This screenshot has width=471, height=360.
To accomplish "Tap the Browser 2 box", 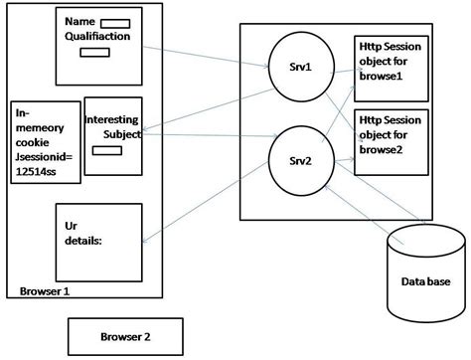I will (x=125, y=336).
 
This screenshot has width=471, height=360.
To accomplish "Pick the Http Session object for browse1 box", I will (x=392, y=67).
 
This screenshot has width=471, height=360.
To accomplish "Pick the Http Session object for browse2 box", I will (x=392, y=141).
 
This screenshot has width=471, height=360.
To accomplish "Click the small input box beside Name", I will (x=115, y=22).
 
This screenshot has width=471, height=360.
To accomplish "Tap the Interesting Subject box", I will (x=112, y=135).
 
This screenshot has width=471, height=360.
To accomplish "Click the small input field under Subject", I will (x=101, y=151).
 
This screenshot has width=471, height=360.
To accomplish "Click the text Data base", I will (x=426, y=282).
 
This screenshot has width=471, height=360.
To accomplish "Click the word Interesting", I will (x=112, y=119).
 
